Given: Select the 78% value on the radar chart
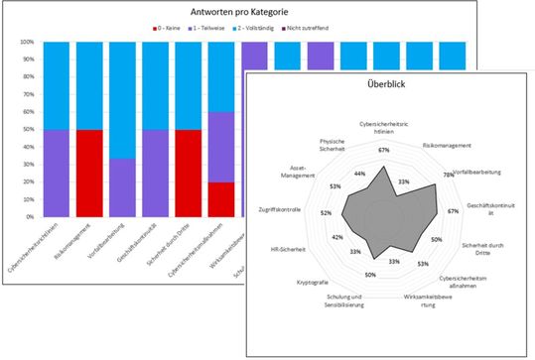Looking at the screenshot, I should click(449, 173).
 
